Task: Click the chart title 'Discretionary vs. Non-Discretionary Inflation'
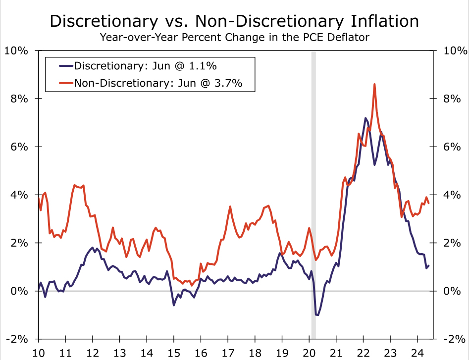point(234,21)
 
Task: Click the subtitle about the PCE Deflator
point(234,37)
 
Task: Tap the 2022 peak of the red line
point(374,84)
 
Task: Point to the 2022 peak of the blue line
point(365,118)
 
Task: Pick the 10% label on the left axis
point(18,51)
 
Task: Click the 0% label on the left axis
point(21,291)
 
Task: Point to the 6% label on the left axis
point(21,147)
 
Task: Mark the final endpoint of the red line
point(429,203)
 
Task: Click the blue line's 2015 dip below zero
point(174,305)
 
